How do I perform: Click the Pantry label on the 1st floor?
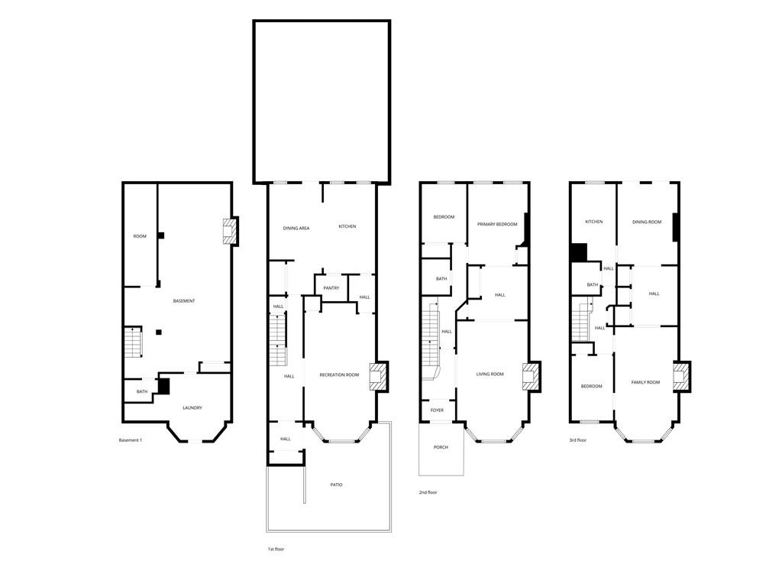coord(331,288)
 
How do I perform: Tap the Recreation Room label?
coord(339,375)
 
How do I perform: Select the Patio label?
coord(336,485)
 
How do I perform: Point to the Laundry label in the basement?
coord(192,407)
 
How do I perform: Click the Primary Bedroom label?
coord(497,224)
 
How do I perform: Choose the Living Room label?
coord(490,374)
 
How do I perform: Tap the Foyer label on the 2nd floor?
coord(437,410)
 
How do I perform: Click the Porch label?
coord(441,447)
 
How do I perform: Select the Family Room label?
coord(645,382)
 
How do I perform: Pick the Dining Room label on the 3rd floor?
coord(647,222)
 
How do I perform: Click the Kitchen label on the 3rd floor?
coord(593,222)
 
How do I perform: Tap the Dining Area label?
coord(296,228)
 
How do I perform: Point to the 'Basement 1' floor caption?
coord(131,440)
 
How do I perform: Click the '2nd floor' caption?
coord(428,492)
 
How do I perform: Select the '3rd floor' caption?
coord(577,440)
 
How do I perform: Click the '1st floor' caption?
coord(276,549)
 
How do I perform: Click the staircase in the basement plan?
coord(134,342)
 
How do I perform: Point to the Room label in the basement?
coord(140,236)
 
